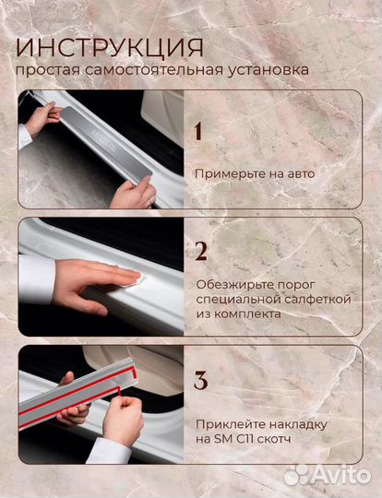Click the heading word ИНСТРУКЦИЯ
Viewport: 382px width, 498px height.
click(110, 48)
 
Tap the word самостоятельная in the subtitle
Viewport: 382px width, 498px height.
click(154, 70)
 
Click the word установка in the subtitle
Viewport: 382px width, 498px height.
click(268, 70)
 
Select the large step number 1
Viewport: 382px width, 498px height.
click(198, 131)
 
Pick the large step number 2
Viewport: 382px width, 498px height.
click(201, 251)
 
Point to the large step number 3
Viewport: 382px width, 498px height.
click(201, 380)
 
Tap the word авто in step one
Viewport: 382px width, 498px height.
click(301, 174)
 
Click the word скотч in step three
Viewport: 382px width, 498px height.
click(274, 440)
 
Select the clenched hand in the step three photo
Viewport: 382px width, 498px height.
click(124, 419)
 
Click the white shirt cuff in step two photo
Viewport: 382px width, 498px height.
click(36, 279)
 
